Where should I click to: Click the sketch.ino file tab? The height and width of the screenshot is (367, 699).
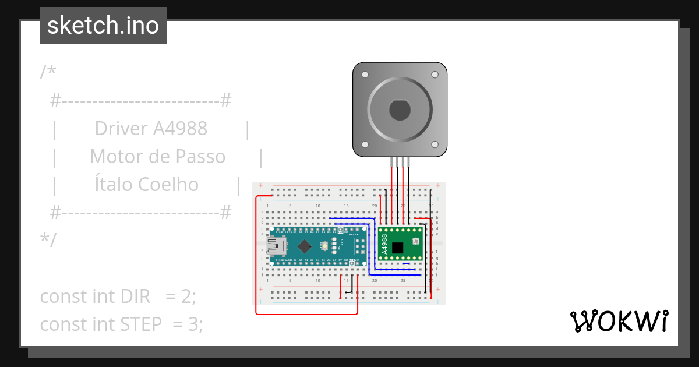tap(103, 26)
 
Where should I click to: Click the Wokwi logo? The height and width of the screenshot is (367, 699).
tap(618, 321)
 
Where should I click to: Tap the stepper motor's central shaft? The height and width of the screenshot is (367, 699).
tap(400, 110)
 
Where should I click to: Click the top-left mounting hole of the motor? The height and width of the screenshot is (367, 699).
tap(365, 75)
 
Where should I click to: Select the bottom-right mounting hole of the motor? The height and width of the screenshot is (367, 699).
tap(434, 144)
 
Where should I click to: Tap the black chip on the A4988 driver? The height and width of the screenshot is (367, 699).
tap(397, 248)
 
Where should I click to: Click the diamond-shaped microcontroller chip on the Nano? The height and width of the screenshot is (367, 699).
tap(306, 246)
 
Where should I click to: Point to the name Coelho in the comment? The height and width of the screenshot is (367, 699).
tap(168, 185)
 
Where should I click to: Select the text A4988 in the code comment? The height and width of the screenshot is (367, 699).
tap(180, 129)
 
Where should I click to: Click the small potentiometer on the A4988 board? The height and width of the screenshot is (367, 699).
tap(416, 241)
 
